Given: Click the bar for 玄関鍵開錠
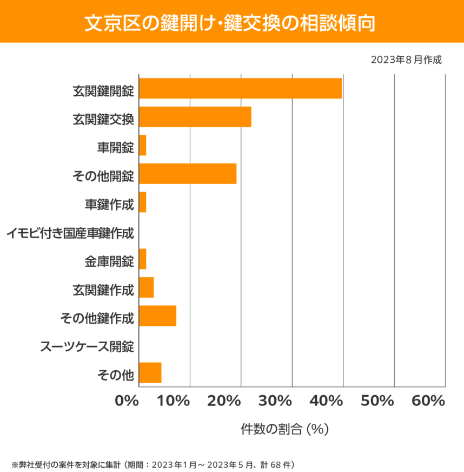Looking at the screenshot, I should click(240, 89).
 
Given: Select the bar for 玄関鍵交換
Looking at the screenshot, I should click(195, 117).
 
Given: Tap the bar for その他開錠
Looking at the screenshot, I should click(188, 174).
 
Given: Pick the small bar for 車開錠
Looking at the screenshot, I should click(143, 146).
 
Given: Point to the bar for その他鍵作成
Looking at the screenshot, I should click(157, 316).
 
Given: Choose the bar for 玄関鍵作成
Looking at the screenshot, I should click(147, 287).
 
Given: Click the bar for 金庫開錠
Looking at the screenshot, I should click(143, 259).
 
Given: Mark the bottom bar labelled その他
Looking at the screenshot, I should click(150, 372).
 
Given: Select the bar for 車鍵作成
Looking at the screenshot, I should click(143, 202).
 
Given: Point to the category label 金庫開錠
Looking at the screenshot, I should click(109, 263).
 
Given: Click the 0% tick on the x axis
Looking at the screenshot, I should click(127, 401).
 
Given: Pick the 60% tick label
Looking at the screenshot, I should click(428, 401).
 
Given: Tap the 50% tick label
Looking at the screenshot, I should click(377, 401).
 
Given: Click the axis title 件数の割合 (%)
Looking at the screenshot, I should click(284, 429).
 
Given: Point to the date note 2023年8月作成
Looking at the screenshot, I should click(406, 60).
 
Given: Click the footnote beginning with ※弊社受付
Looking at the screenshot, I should click(153, 464).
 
